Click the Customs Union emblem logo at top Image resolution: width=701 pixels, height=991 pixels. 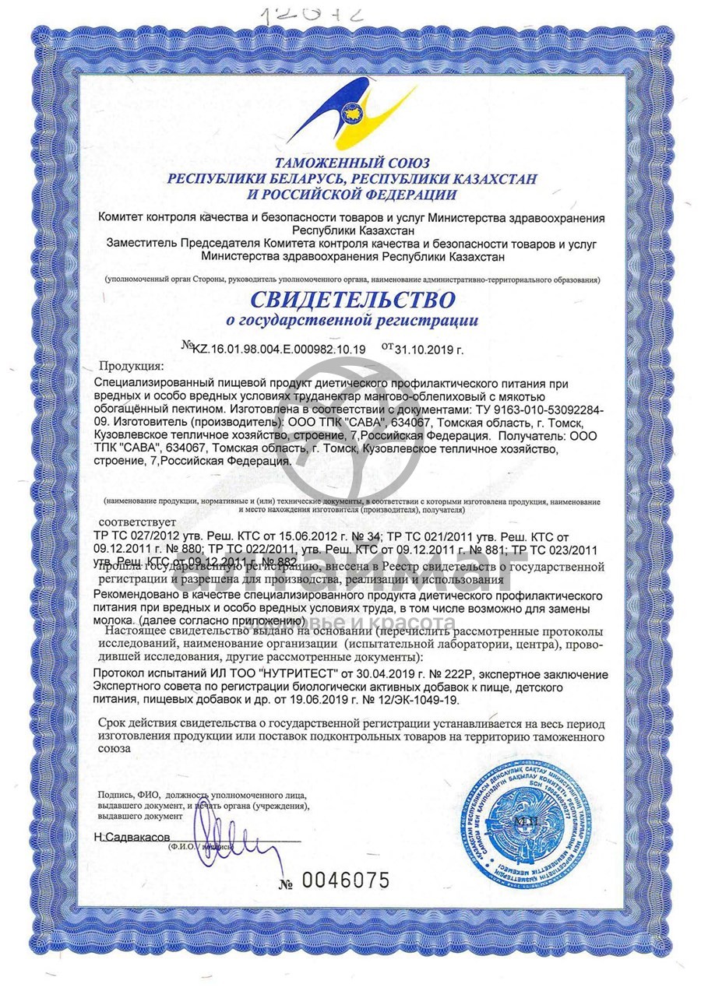[350, 118]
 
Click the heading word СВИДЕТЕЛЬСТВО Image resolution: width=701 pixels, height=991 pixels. [352, 299]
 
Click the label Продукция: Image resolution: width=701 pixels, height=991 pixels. [132, 366]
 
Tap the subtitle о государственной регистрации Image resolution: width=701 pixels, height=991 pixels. [351, 320]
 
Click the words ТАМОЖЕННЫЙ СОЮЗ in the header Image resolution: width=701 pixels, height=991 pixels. [351, 163]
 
